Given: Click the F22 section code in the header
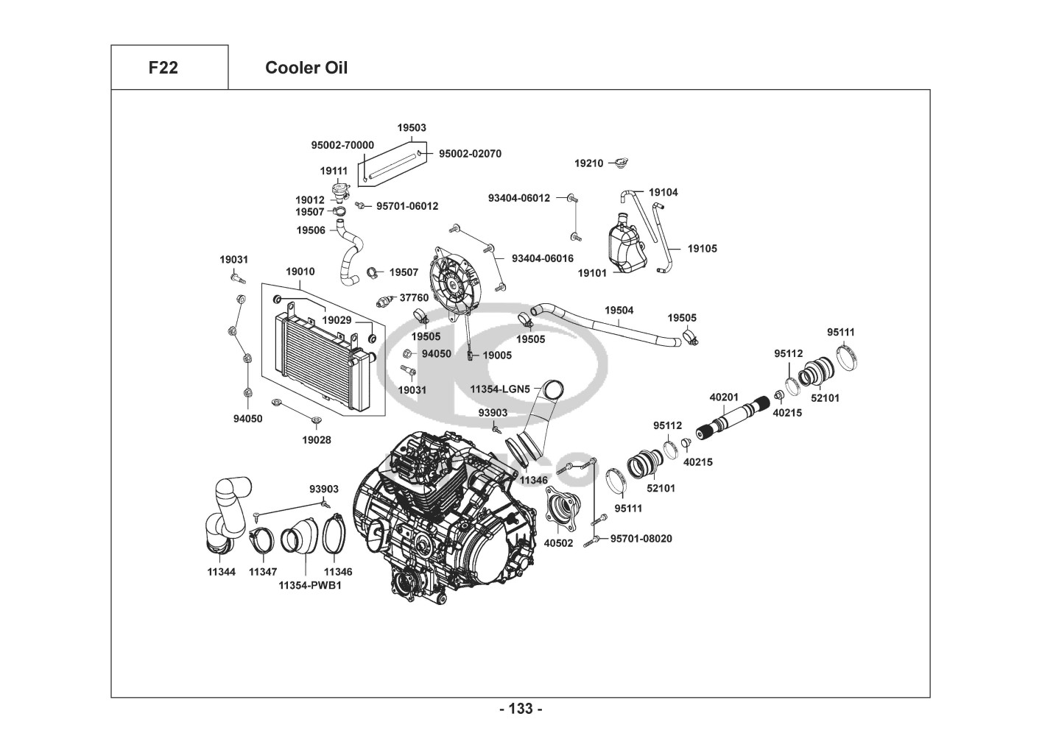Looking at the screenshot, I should tap(163, 68).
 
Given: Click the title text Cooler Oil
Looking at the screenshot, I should tap(306, 68).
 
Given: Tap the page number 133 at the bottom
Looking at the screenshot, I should tap(521, 709).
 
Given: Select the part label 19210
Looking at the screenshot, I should tap(588, 163).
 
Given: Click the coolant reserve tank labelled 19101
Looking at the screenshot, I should tap(623, 247).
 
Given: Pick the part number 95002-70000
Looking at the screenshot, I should tap(342, 145).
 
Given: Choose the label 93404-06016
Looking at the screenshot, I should tap(542, 258).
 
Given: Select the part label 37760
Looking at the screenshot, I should tap(414, 298).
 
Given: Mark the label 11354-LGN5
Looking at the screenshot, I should tap(500, 389).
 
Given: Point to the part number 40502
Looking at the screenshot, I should tap(558, 543).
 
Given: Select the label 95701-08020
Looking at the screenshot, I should tap(641, 538).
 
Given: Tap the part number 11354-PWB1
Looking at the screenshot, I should tap(309, 585).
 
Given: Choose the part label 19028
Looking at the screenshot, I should tap(317, 440).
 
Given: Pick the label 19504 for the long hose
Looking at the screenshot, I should tap(619, 311).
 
